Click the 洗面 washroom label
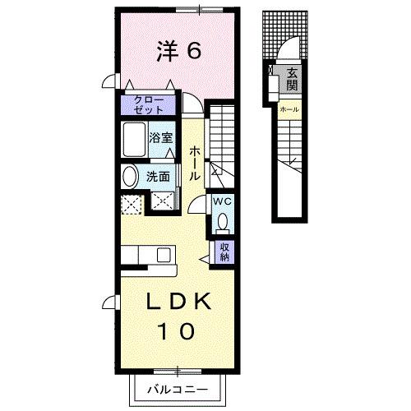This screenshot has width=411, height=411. [x=159, y=176]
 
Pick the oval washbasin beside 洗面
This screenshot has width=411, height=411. [x=131, y=177]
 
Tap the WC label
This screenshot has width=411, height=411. [x=223, y=200]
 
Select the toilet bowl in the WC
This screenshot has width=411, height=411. [x=223, y=221]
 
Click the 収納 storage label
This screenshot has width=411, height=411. [x=224, y=251]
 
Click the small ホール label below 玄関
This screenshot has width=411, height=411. [x=289, y=109]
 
